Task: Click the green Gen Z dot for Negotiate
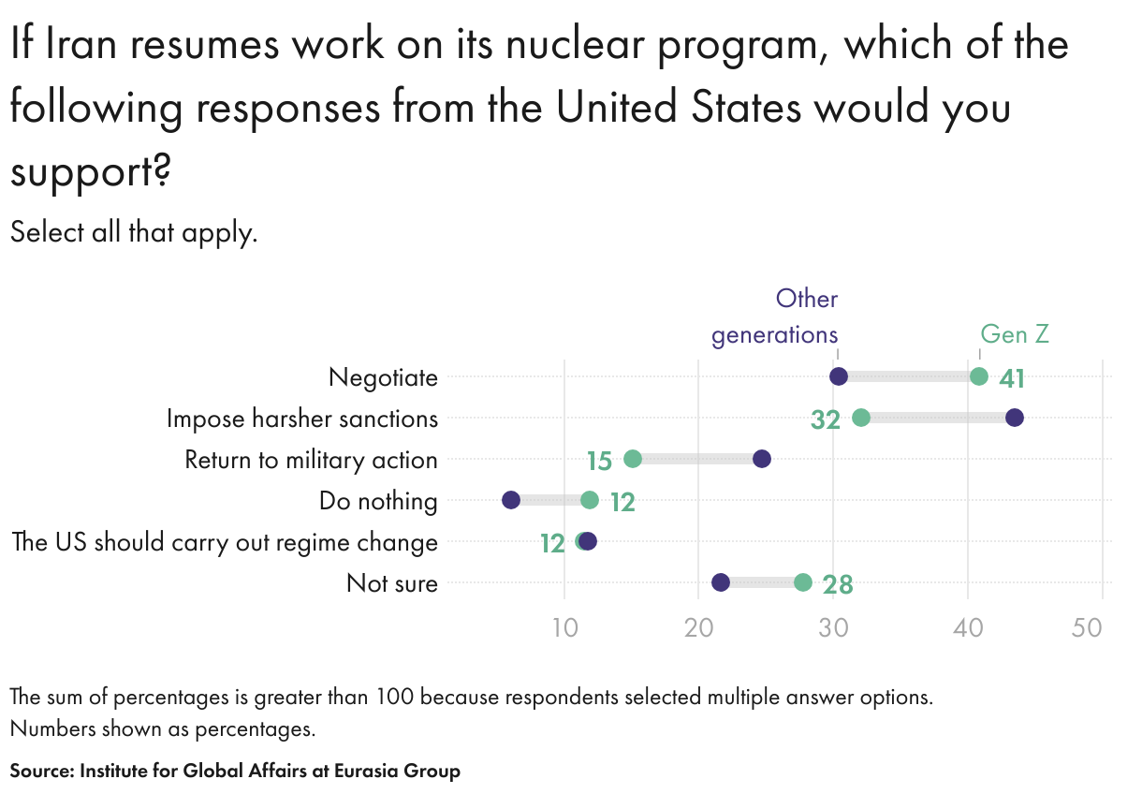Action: coord(979,376)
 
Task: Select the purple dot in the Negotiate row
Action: coord(839,376)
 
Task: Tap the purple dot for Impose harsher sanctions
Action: coord(1015,418)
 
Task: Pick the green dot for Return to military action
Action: coord(633,459)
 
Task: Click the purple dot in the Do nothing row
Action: coord(511,500)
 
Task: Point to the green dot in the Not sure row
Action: coord(803,582)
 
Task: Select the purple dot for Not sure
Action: coord(721,582)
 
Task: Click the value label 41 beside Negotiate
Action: coord(1012,378)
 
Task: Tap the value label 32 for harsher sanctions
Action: coord(826,419)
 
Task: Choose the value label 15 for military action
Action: coord(599,461)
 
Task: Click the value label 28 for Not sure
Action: coord(838,585)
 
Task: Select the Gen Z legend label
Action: coord(1015,334)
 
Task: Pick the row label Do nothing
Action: coord(378,501)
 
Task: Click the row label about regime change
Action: coord(225,542)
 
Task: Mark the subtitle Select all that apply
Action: coord(133,232)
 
